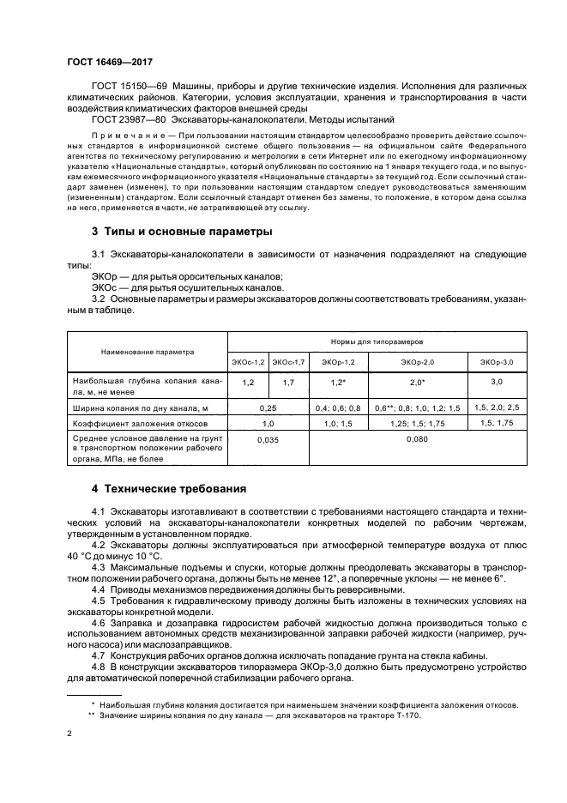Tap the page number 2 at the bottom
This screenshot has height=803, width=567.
(69, 734)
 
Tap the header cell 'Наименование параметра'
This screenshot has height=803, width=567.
(148, 352)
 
